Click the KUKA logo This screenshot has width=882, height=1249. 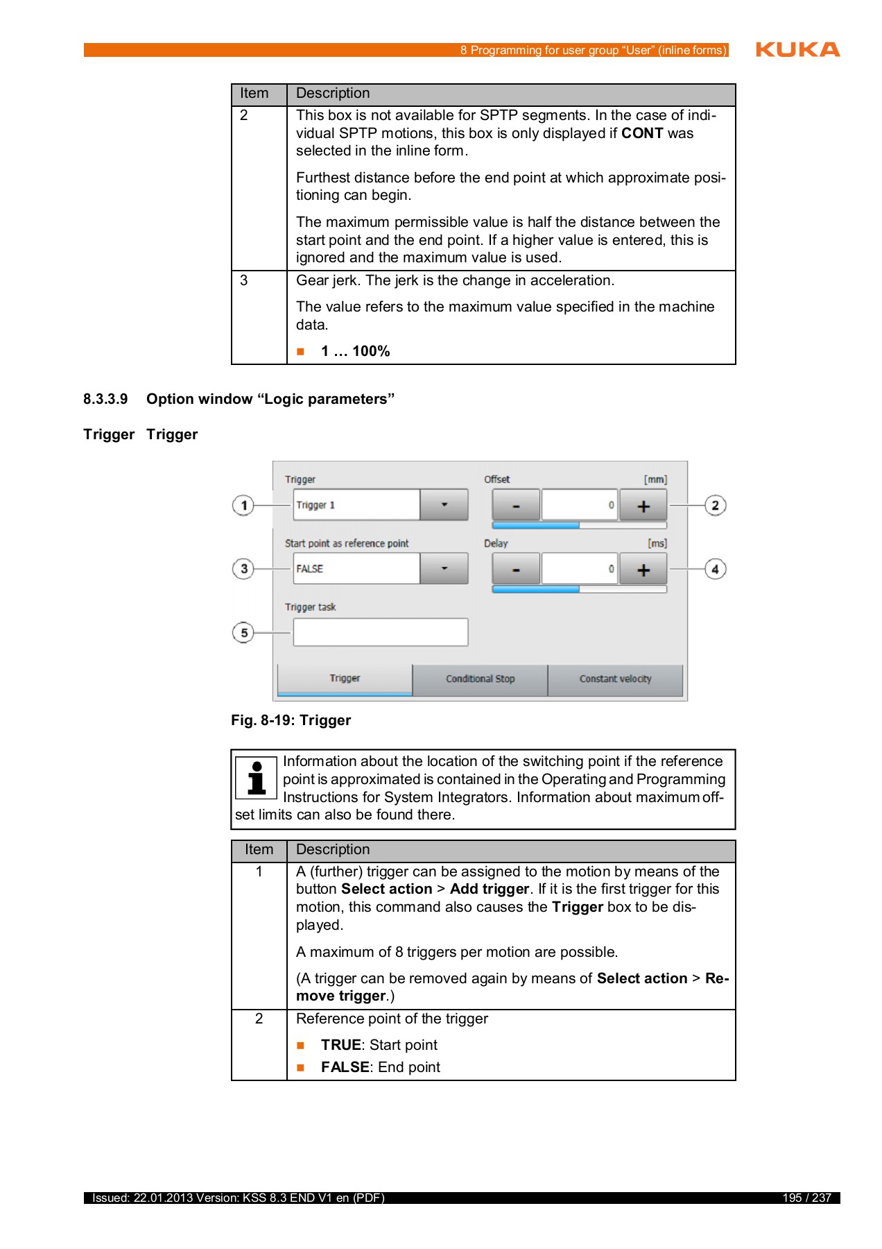click(x=797, y=49)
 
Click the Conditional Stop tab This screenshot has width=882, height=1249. click(x=480, y=679)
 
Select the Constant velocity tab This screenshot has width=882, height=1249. click(x=615, y=679)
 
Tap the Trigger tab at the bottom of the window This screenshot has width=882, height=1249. click(x=345, y=679)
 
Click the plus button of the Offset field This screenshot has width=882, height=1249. click(x=643, y=506)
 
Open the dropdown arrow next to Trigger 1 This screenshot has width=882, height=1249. click(x=444, y=505)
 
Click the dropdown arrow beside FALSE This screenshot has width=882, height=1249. click(x=444, y=569)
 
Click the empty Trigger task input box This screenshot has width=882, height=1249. click(x=380, y=632)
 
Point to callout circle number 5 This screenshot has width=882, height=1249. click(x=243, y=633)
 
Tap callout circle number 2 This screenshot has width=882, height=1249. click(x=715, y=505)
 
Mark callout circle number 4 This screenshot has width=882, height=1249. click(x=715, y=569)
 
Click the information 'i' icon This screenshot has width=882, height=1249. click(x=257, y=778)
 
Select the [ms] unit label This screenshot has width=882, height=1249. click(x=657, y=543)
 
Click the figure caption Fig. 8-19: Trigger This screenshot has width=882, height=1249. click(x=291, y=720)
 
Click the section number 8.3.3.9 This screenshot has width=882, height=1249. click(x=105, y=399)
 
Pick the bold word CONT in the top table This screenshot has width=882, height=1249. click(x=642, y=133)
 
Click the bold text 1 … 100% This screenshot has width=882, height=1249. click(x=355, y=351)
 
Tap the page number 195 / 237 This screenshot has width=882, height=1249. click(x=806, y=1198)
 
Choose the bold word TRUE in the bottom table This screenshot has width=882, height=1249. click(x=340, y=1045)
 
